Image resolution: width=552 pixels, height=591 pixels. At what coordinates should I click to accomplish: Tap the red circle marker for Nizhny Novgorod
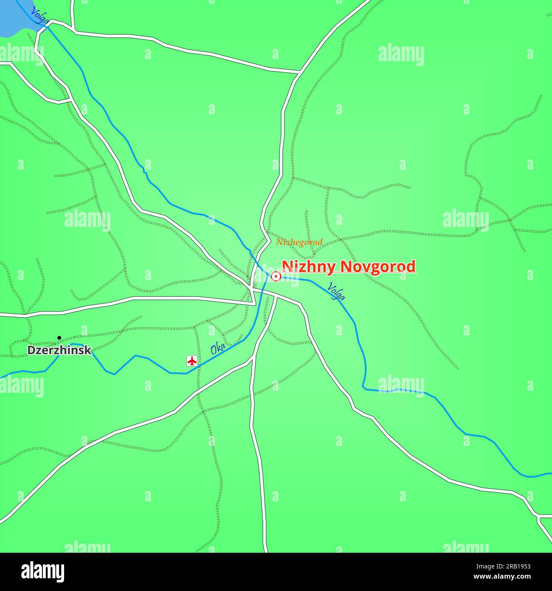click(x=276, y=277)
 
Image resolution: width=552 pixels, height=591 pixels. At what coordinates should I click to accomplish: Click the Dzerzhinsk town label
click(x=59, y=350)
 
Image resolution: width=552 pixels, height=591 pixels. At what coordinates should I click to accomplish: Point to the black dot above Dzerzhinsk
click(x=59, y=338)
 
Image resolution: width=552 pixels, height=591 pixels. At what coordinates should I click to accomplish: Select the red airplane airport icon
click(x=192, y=361)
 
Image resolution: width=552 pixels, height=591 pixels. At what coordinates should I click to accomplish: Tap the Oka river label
click(x=218, y=349)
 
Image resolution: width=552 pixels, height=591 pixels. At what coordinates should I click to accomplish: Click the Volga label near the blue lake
click(x=39, y=15)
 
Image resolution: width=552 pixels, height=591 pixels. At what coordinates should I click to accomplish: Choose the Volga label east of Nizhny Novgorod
click(x=336, y=291)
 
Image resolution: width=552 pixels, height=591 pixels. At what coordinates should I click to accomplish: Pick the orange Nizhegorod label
click(x=299, y=242)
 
